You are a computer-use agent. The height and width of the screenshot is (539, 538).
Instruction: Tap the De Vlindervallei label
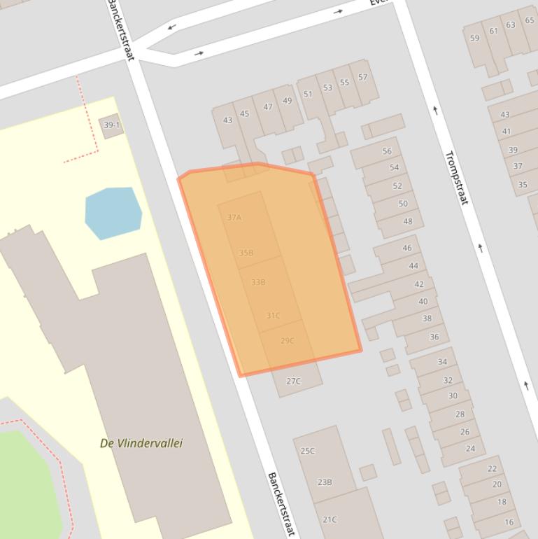[x=142, y=443]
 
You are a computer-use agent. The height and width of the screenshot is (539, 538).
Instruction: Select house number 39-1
[x=111, y=125]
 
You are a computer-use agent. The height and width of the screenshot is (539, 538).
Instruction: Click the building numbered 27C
[x=294, y=381]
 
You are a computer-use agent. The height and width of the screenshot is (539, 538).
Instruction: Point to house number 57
[x=362, y=78]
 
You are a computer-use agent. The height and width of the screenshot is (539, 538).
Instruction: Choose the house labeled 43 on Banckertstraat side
[x=227, y=120]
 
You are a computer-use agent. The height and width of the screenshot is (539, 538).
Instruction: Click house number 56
[x=387, y=152]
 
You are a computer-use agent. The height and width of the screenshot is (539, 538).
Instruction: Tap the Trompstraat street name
[x=455, y=178]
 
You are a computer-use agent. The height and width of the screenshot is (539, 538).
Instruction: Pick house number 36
[x=434, y=337]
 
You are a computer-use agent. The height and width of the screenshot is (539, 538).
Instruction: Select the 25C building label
[x=308, y=451]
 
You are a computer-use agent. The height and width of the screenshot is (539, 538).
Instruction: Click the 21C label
[x=330, y=519]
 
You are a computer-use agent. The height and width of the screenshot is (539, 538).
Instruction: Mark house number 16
[x=509, y=521]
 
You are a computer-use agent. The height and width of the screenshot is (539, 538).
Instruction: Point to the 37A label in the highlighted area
[x=234, y=218]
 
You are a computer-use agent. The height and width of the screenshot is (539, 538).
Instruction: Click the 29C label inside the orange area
[x=288, y=341]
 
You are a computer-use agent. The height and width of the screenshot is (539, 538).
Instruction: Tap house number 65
[x=529, y=21]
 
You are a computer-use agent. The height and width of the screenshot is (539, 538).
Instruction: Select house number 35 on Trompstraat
[x=523, y=185]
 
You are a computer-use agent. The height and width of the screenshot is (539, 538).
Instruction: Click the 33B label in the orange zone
[x=258, y=282]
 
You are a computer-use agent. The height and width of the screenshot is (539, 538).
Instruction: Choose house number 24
[x=470, y=449]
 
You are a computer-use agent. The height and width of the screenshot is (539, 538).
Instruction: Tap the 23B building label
[x=325, y=482]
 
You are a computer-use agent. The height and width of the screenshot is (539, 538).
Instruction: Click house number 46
[x=407, y=248]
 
